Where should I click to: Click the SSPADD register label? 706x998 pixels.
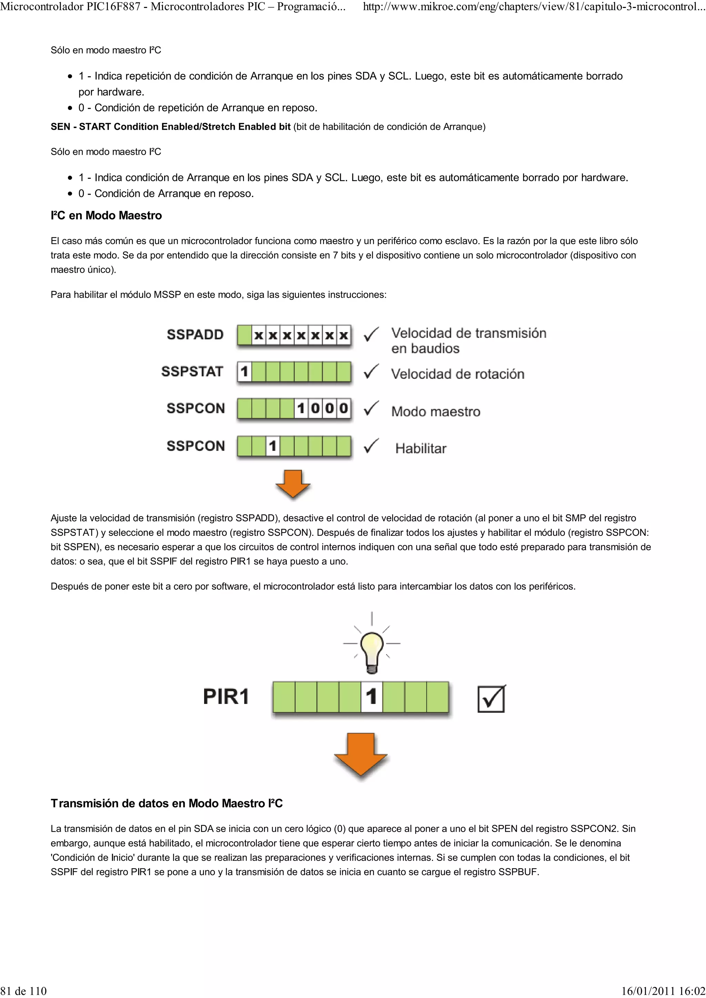coord(195,335)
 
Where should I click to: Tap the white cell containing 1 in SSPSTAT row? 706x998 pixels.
coord(244,372)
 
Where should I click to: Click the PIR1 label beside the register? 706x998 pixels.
coord(226,696)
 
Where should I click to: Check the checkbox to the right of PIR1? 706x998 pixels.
coord(491,698)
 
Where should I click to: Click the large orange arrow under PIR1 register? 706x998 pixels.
coord(361,755)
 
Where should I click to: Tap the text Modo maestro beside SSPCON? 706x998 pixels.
coord(435,412)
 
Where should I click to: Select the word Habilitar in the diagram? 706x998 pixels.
coord(421,449)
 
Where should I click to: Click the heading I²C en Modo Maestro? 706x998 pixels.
coord(106,216)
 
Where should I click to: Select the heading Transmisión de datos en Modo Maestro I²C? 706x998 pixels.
coord(167,803)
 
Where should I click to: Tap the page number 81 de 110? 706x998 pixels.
coord(23,991)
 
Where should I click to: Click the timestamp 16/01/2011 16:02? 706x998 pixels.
coord(663,991)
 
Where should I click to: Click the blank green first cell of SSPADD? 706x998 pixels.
coord(244,335)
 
